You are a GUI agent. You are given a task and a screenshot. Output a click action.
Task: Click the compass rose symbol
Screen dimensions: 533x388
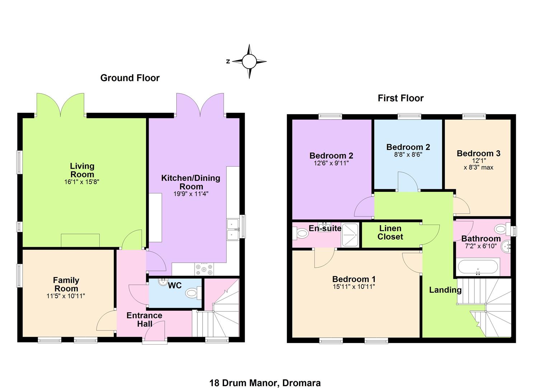tap(249, 61)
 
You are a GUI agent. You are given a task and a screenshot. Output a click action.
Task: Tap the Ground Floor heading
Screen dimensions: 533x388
tap(130, 78)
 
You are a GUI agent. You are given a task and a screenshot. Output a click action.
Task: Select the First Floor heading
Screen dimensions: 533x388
tap(401, 98)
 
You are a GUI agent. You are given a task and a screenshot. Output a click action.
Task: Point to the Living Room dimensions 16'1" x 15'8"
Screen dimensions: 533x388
tap(81, 182)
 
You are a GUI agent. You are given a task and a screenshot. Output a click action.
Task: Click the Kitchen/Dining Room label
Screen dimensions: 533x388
tap(191, 182)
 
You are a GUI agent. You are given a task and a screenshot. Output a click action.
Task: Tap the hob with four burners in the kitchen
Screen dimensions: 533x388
tap(204, 269)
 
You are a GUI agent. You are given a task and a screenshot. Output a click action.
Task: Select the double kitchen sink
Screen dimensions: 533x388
tap(233, 229)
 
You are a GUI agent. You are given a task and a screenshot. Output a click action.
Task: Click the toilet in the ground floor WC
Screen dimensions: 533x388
tap(193, 293)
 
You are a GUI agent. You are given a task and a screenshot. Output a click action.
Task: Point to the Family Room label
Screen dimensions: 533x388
tap(66, 285)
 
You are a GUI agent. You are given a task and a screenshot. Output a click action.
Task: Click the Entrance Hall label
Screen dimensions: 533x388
tap(144, 320)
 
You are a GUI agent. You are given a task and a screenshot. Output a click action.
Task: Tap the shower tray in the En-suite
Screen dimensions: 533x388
tap(350, 235)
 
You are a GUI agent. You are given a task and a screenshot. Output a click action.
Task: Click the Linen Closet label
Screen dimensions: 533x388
tap(390, 232)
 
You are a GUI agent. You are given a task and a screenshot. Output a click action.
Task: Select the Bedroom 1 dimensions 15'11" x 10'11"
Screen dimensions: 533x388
tap(354, 287)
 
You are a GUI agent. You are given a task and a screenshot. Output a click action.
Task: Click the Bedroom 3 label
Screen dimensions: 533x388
tap(478, 153)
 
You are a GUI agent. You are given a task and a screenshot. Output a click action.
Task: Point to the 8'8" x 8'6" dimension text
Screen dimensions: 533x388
tap(408, 154)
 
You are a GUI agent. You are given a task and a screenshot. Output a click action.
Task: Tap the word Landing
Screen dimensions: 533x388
tap(445, 290)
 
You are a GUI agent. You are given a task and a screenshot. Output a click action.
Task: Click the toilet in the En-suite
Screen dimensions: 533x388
tap(300, 233)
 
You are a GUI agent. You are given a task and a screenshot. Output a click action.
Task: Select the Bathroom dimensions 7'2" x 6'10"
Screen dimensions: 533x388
tap(481, 246)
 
